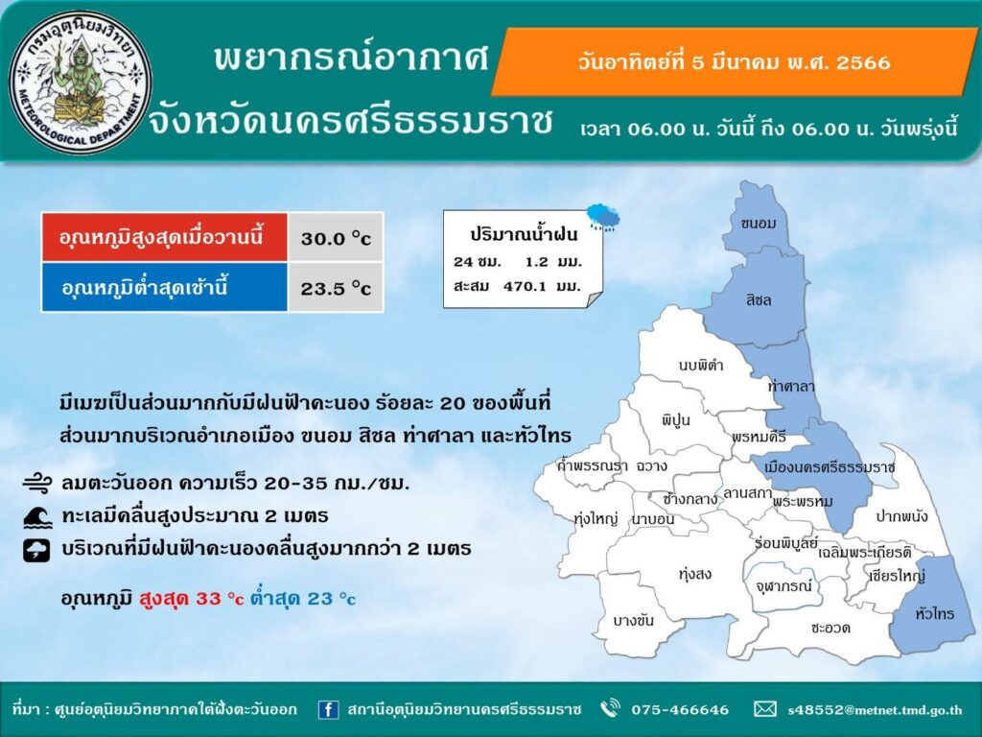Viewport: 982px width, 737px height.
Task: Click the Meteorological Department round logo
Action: tap(81, 83)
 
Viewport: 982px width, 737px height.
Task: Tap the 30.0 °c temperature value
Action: tap(336, 239)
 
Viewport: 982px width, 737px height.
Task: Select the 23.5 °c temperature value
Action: tap(336, 289)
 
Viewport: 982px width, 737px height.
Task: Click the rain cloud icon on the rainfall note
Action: tap(603, 217)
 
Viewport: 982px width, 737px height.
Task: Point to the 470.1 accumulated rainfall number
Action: tap(526, 286)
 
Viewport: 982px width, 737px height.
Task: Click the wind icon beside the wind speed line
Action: tap(38, 484)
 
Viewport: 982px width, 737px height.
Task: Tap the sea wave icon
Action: tap(37, 516)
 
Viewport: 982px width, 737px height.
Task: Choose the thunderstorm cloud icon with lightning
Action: tap(36, 550)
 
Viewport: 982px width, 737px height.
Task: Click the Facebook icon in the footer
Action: tap(328, 709)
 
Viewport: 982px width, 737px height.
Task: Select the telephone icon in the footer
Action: tap(609, 709)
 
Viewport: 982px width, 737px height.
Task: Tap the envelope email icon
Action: tap(764, 709)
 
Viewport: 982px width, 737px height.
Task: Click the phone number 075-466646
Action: tap(680, 710)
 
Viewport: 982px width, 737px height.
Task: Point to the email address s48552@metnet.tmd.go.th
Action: tap(875, 710)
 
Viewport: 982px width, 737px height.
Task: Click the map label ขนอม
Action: tap(758, 223)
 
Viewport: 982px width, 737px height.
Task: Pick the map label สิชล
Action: tap(759, 300)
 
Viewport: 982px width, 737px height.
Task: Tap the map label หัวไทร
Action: tap(934, 613)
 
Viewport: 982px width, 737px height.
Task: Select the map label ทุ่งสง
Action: tap(695, 574)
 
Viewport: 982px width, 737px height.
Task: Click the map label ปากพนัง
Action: tap(901, 516)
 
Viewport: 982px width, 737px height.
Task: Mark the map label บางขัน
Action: tap(633, 621)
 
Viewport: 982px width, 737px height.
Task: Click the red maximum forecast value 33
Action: tap(208, 599)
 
